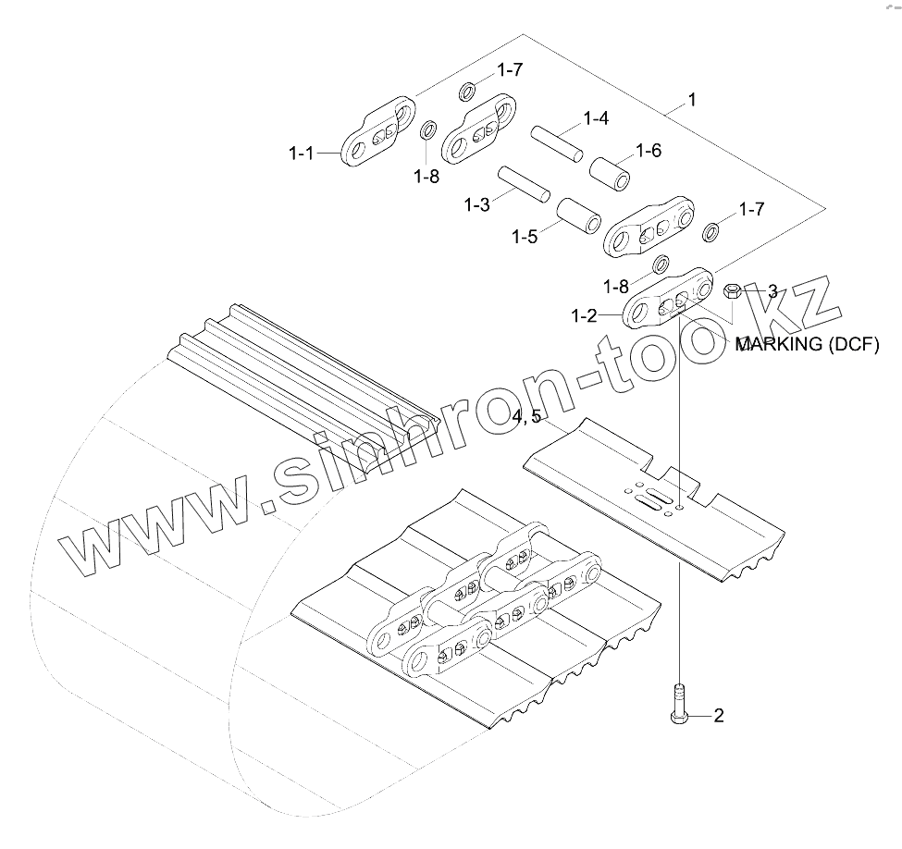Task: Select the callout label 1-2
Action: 585,315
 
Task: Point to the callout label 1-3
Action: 477,204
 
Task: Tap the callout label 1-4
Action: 595,118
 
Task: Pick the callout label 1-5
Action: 524,236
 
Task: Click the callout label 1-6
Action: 648,150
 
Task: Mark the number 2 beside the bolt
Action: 718,715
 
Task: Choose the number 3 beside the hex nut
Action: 772,290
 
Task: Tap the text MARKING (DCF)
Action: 806,345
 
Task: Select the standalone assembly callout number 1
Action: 692,99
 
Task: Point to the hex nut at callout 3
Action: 731,291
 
